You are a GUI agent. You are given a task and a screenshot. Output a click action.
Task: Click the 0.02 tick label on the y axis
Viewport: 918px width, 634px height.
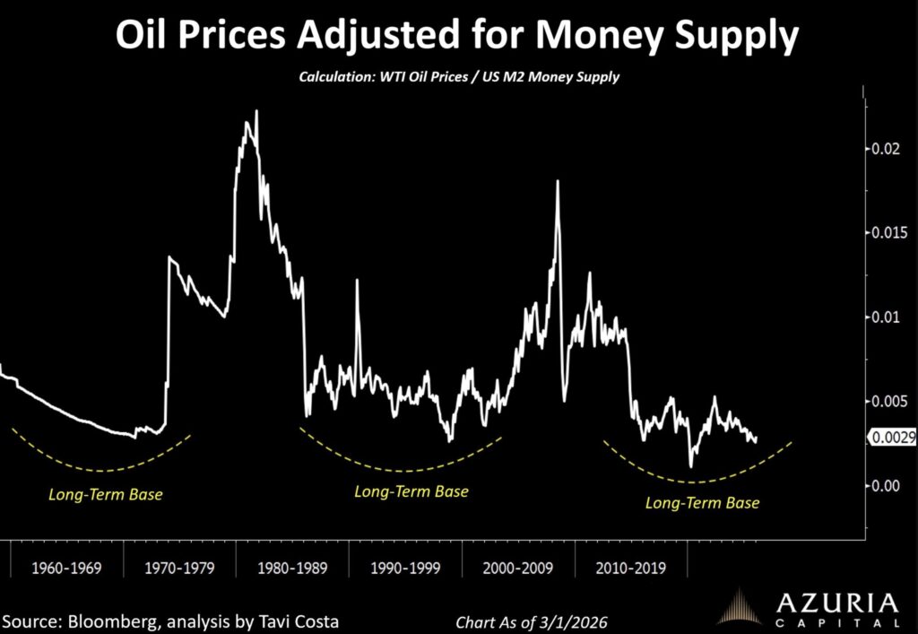[886, 149]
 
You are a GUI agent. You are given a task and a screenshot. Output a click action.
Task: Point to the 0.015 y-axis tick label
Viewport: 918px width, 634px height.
[889, 233]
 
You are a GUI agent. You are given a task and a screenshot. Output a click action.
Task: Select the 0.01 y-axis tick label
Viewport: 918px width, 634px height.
[886, 317]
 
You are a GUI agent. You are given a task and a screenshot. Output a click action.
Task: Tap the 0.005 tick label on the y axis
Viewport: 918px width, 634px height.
[889, 401]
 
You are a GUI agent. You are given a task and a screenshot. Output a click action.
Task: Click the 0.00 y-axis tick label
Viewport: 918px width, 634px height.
[886, 485]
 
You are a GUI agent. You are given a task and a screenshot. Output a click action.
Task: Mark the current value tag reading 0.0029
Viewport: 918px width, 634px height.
[891, 438]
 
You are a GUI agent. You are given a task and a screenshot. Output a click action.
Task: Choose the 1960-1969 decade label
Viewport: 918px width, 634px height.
[65, 569]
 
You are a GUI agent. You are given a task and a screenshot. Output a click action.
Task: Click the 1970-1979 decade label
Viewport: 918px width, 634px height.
[178, 569]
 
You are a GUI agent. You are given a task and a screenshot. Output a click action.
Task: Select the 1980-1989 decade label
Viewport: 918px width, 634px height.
[291, 569]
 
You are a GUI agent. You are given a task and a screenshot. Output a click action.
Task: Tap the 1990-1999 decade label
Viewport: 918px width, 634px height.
[404, 569]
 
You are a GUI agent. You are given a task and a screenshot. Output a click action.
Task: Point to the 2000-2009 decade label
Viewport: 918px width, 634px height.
[517, 569]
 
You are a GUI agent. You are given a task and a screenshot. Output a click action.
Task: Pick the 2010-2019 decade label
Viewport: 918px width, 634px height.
[630, 569]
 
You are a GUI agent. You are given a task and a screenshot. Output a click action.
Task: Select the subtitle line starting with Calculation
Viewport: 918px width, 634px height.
[459, 78]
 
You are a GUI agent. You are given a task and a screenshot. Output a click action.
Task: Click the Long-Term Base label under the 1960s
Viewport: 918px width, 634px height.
[106, 493]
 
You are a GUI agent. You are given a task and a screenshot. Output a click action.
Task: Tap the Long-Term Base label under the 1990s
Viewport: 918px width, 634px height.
[411, 491]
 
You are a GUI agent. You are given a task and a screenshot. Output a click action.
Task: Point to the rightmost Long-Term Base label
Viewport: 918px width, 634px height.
[702, 503]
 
